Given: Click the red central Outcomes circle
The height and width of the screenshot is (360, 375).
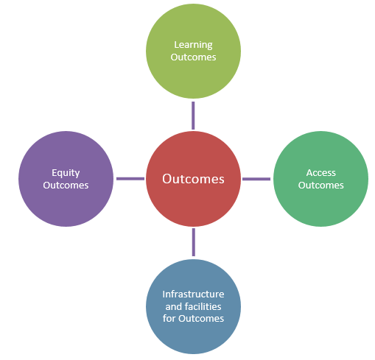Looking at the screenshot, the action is click(x=193, y=179).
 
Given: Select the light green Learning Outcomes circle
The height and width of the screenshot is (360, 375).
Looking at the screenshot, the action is click(x=193, y=51).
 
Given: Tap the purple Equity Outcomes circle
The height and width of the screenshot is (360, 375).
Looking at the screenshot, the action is click(x=66, y=179).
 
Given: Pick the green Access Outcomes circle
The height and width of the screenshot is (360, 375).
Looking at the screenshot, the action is click(x=320, y=179).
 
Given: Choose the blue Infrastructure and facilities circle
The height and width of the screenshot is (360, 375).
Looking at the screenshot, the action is click(x=193, y=306).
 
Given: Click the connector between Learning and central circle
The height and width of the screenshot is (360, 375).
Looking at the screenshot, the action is click(x=193, y=116).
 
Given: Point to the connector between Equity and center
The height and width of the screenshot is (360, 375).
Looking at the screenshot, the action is click(x=130, y=179).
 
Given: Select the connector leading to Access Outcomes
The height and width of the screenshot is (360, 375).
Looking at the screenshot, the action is click(x=256, y=179).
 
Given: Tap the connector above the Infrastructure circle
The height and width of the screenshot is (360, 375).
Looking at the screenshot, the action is click(x=194, y=242).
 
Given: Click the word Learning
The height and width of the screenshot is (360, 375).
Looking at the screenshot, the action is click(x=193, y=46).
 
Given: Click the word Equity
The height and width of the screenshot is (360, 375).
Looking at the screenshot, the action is click(x=66, y=173).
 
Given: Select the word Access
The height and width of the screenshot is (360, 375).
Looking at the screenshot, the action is click(x=321, y=173).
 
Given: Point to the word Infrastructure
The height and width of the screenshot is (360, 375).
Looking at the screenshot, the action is click(x=193, y=294).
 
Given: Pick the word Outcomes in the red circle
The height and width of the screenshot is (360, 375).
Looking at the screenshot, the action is click(x=193, y=179).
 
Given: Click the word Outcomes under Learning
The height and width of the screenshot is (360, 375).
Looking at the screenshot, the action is click(x=193, y=57).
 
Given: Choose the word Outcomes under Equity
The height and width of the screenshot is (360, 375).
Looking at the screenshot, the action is click(x=66, y=186).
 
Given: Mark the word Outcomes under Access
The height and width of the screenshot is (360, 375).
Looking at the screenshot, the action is click(x=321, y=186).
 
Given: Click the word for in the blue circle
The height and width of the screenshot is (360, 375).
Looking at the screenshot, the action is click(x=169, y=318).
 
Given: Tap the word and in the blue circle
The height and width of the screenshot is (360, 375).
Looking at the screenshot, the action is click(x=174, y=306).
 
